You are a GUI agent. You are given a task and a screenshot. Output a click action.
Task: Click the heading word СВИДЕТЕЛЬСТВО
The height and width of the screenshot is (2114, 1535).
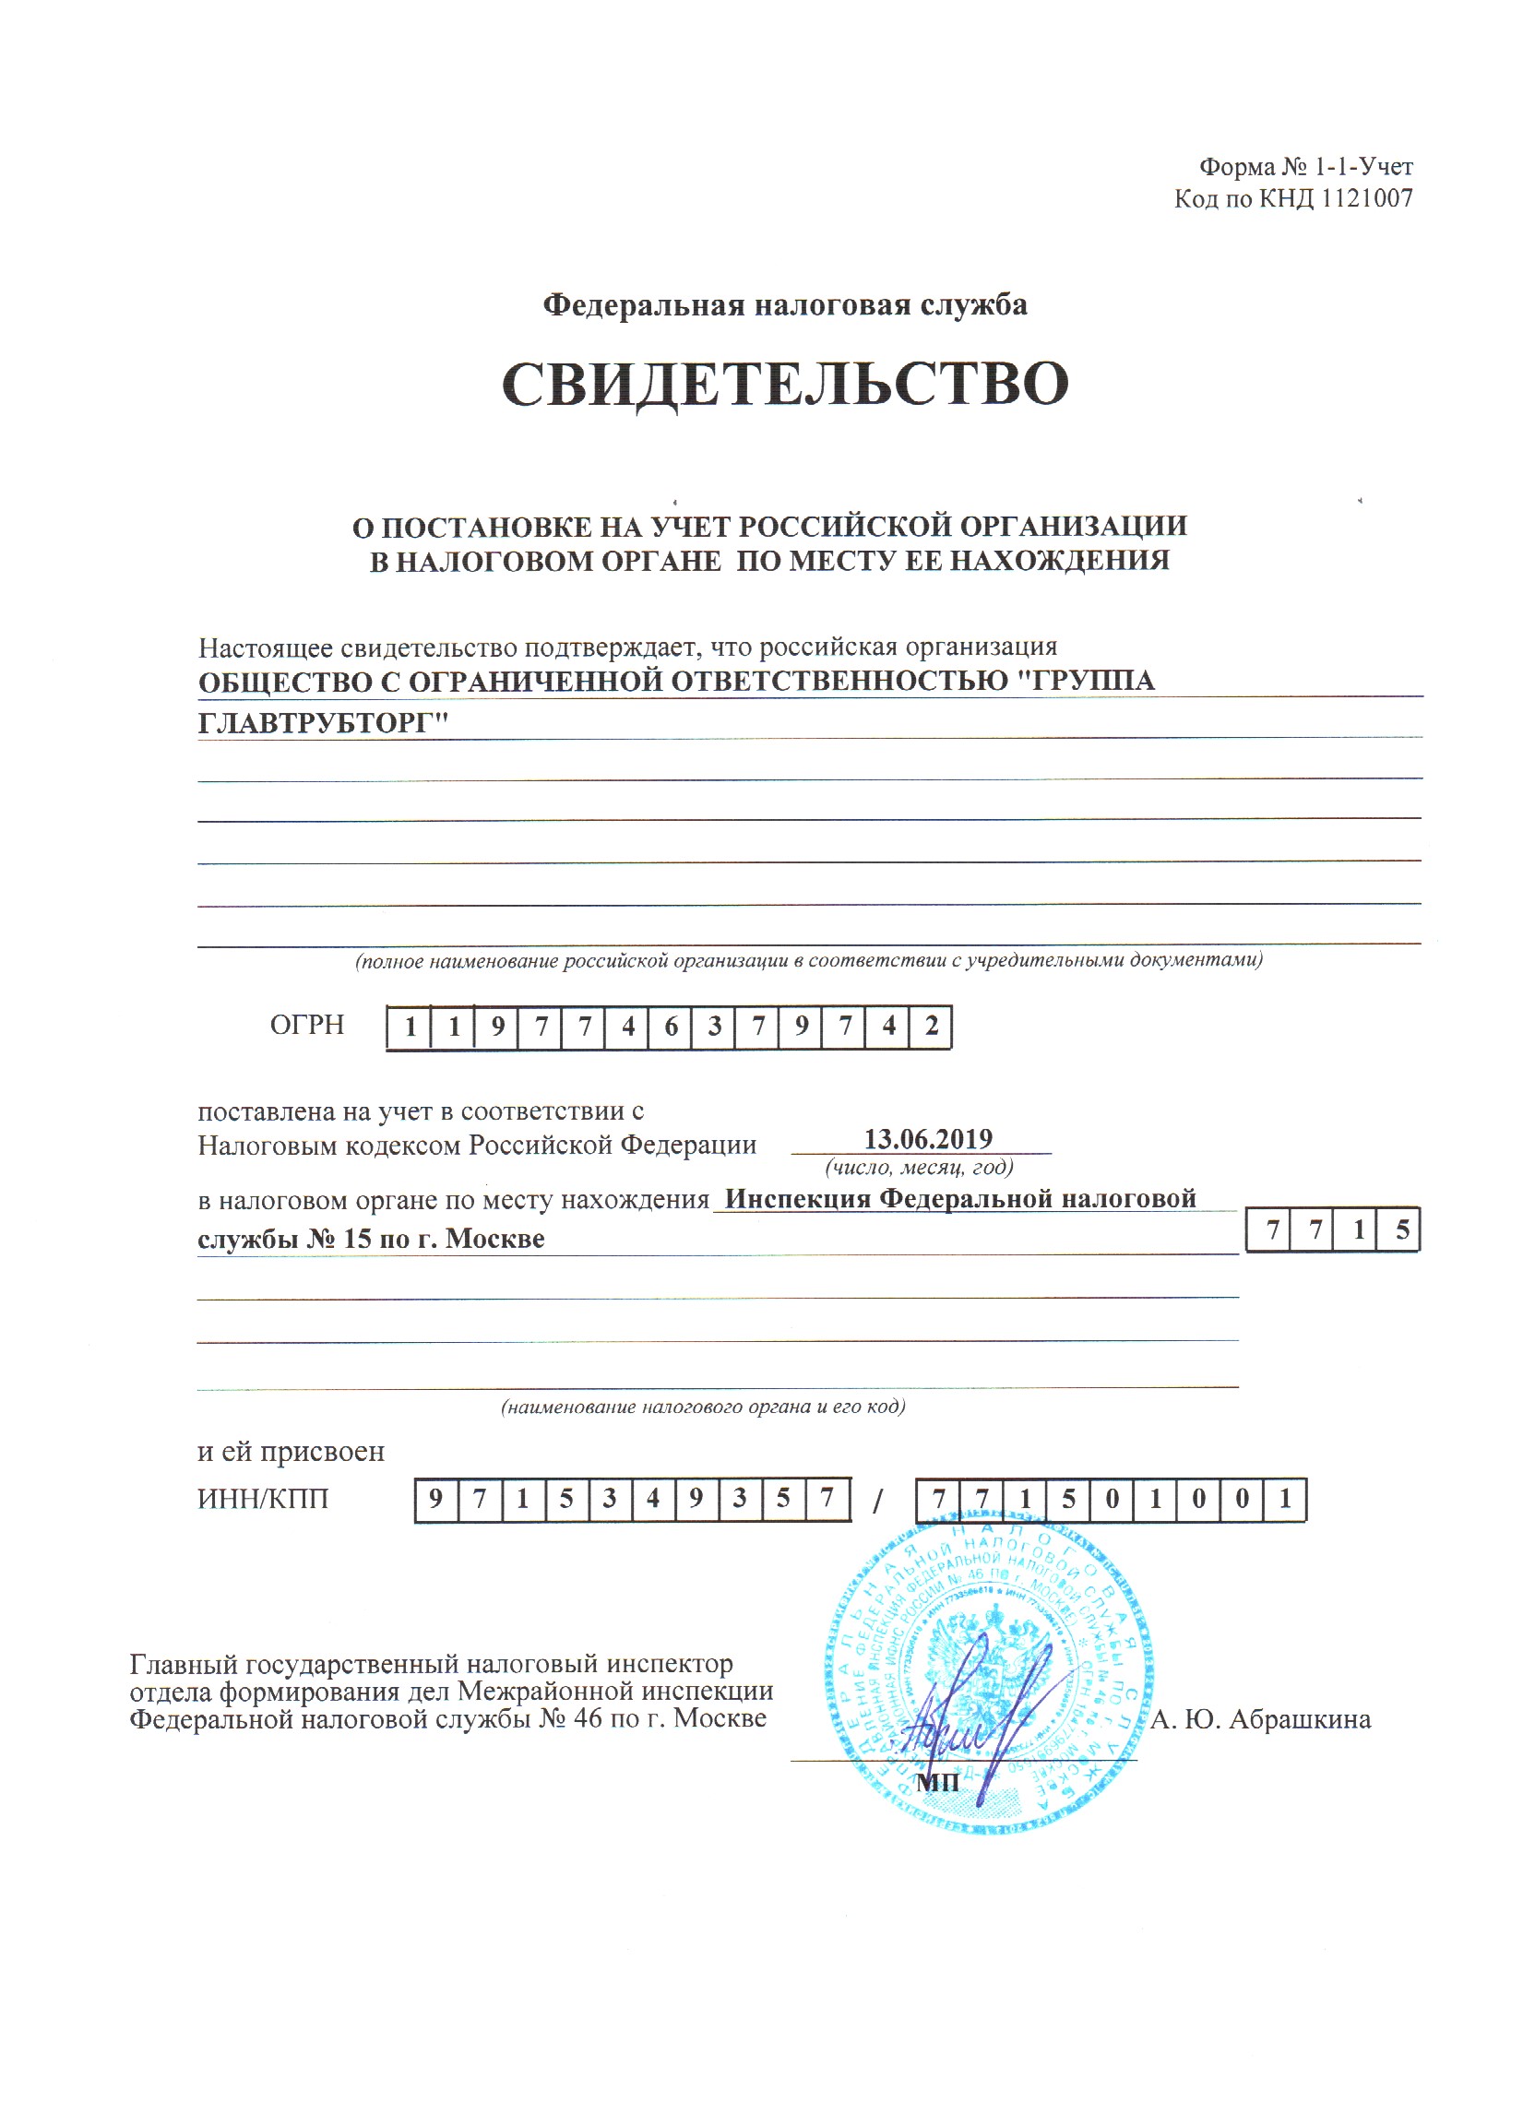pos(785,383)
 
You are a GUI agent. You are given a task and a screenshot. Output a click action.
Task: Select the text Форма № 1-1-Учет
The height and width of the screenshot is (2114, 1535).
pos(1304,167)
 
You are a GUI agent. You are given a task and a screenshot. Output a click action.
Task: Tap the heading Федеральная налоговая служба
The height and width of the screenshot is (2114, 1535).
pos(785,304)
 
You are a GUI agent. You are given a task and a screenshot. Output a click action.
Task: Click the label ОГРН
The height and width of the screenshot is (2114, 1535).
pos(306,1026)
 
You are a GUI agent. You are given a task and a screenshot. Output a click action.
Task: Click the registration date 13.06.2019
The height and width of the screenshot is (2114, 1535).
pos(927,1139)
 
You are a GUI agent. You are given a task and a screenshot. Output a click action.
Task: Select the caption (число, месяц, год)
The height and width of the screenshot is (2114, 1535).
pos(919,1168)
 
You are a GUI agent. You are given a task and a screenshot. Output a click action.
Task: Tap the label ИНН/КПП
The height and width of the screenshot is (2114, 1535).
pos(263,1499)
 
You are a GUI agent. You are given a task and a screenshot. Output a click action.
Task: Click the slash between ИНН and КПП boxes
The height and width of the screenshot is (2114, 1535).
pos(877,1502)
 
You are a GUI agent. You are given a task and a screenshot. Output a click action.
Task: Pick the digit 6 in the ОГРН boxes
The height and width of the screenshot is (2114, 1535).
pos(671,1027)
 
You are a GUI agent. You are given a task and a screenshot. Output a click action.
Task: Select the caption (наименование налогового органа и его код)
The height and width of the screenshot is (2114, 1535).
pos(703,1407)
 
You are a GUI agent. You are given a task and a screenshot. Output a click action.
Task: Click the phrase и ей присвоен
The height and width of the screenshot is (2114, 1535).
pos(291,1451)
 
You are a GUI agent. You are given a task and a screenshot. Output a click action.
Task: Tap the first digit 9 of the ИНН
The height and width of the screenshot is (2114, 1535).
pos(435,1499)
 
